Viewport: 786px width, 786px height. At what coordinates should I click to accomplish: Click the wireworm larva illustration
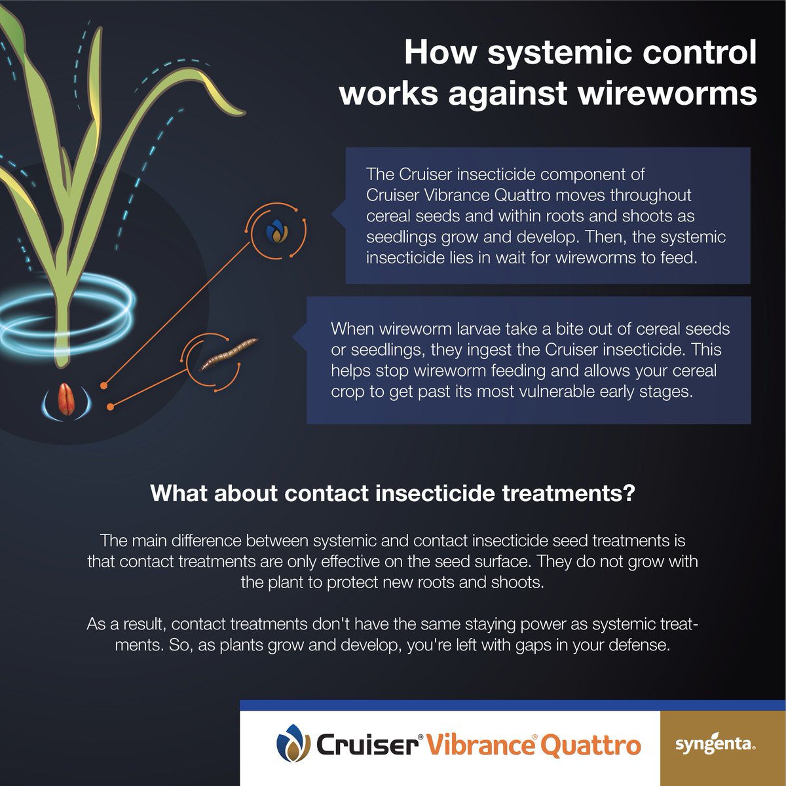coord(228,354)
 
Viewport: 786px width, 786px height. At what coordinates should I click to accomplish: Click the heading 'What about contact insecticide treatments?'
coord(392,493)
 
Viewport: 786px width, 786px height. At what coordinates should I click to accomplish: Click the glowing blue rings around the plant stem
coord(65,308)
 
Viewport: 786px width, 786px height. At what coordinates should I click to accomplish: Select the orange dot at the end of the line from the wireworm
coord(111,407)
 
